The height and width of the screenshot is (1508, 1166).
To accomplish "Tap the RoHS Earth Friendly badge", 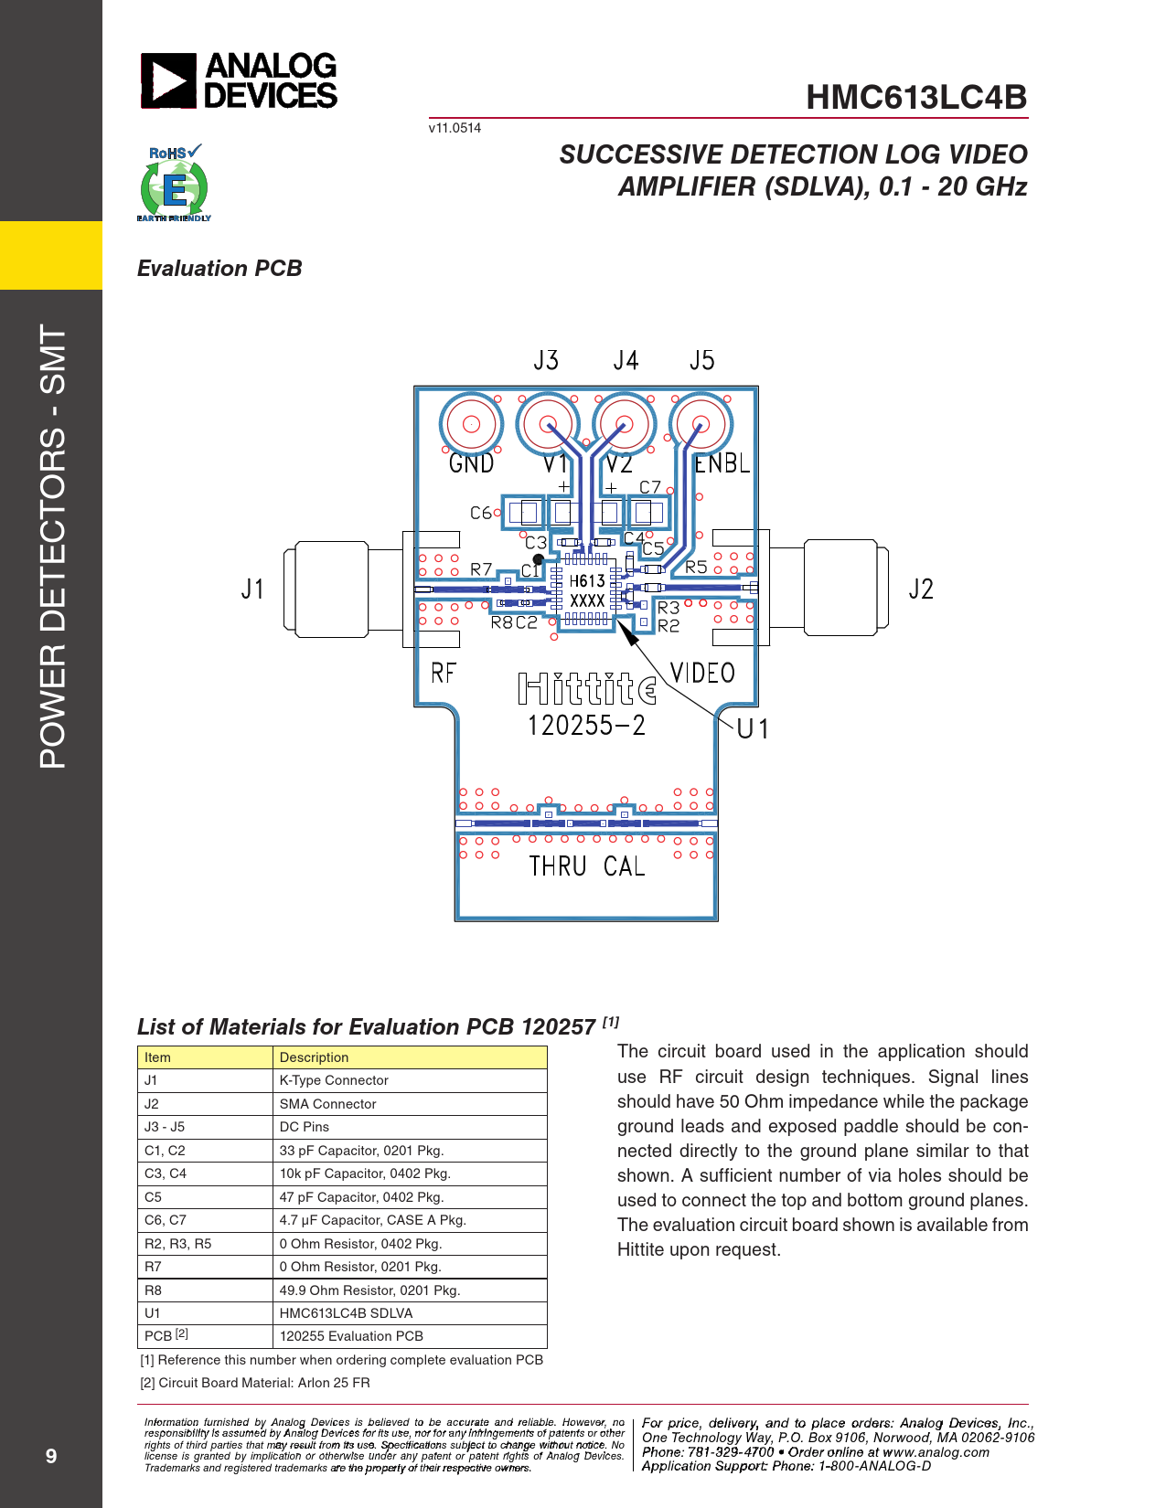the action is point(174,183).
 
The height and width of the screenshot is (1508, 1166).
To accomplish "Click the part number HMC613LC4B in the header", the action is point(916,97).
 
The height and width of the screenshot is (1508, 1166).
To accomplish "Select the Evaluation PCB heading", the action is point(219,268).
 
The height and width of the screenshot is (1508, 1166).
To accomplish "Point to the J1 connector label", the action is point(252,589).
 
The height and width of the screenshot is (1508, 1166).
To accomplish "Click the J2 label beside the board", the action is point(921,589).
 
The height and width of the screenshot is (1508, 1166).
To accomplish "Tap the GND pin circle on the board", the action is point(471,423).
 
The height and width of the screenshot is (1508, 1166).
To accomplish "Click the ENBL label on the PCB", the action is point(722,463).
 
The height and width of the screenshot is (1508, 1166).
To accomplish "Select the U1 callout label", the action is point(752,728).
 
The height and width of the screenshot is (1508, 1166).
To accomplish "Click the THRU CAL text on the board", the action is point(587,866).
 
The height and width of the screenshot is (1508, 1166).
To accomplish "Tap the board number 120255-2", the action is point(587,725).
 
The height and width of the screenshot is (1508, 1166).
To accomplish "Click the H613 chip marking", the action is point(587,581).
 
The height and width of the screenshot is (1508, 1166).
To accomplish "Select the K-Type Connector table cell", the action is point(410,1080).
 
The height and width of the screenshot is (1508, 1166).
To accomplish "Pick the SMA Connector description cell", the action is point(410,1103).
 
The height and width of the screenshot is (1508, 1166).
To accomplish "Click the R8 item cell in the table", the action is point(205,1290).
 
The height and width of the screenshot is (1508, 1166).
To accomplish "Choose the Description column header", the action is point(410,1057).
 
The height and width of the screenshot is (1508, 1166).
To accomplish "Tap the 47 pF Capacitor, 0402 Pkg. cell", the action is point(410,1197).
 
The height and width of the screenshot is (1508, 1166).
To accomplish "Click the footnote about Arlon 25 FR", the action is point(255,1383).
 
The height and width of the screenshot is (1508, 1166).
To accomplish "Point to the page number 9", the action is point(50,1456).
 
